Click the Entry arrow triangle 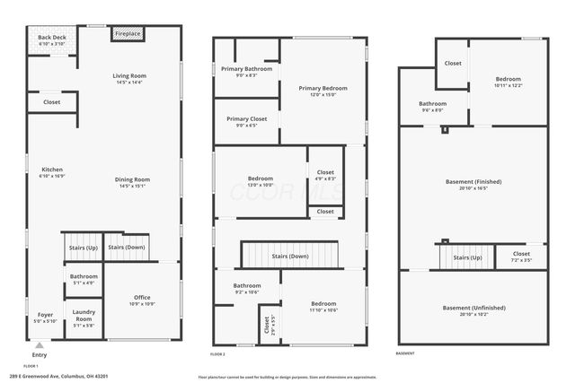click(39, 344)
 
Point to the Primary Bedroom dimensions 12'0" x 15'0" click(323, 95)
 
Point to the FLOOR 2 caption click(217, 353)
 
